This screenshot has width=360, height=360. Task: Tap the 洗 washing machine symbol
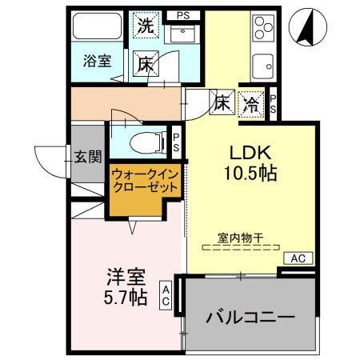click(146, 25)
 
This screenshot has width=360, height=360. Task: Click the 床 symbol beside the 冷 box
click(222, 102)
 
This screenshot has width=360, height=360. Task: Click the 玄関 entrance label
click(88, 156)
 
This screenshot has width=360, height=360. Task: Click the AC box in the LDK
click(298, 258)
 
